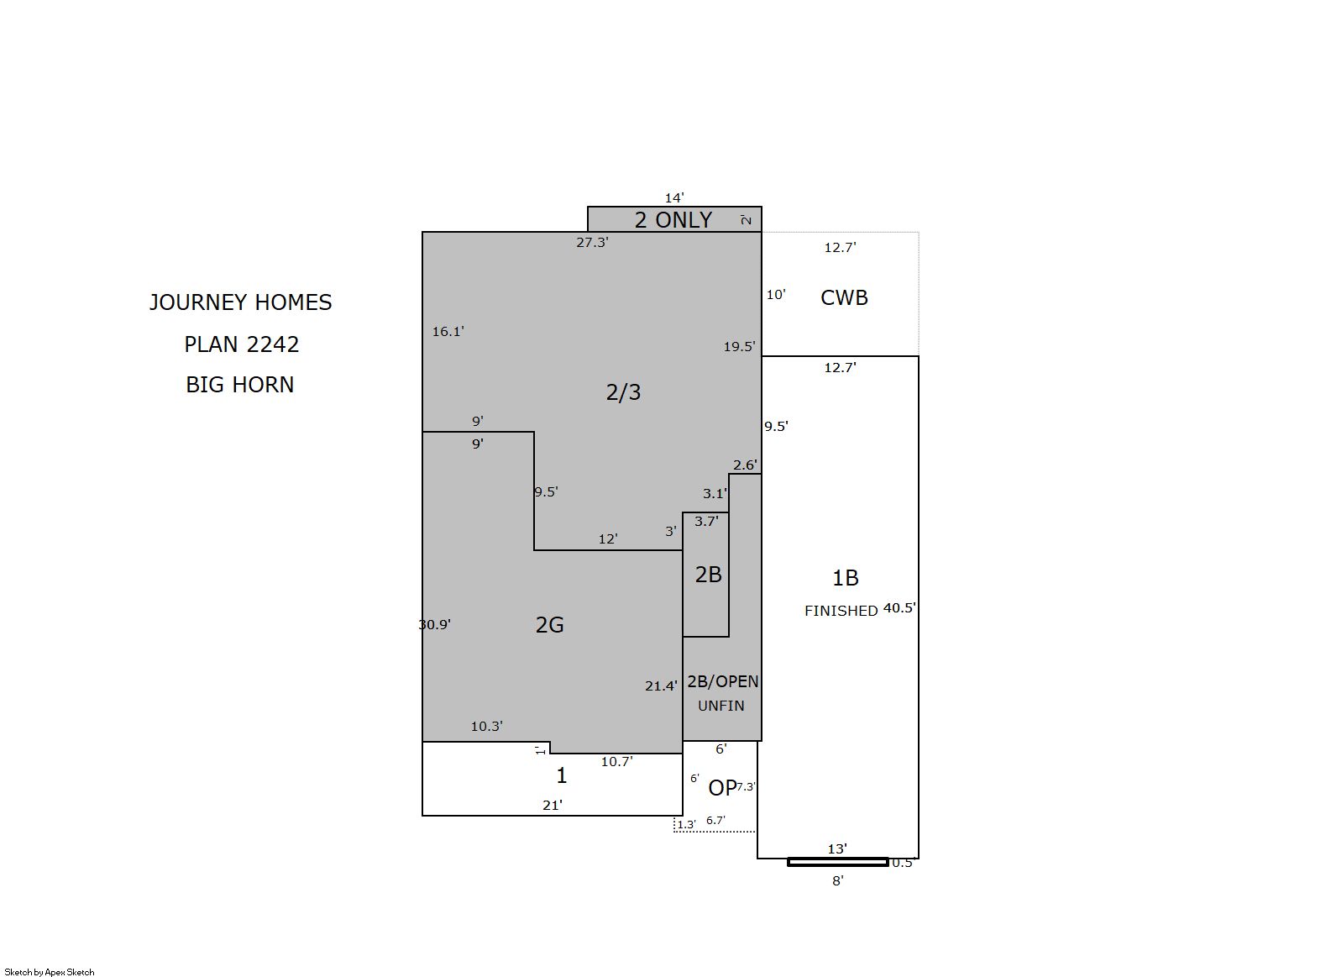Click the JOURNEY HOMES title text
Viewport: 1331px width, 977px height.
[x=241, y=302]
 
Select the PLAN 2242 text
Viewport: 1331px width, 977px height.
[x=241, y=344]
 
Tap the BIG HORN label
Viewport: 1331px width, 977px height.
[x=240, y=385]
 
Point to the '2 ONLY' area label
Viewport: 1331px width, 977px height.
[x=673, y=220]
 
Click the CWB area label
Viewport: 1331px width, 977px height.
[x=844, y=297]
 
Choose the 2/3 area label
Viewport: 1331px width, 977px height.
[x=623, y=392]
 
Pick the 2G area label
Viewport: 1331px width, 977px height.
[x=550, y=624]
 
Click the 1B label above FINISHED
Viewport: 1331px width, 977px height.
[x=845, y=578]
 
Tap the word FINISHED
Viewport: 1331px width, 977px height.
[x=841, y=611]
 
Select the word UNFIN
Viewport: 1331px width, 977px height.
[x=721, y=706]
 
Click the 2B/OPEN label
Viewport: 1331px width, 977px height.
[x=722, y=681]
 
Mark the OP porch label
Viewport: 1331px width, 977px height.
[x=722, y=788]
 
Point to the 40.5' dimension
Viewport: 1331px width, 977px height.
[x=899, y=608]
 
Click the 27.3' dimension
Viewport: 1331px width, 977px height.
[x=592, y=243]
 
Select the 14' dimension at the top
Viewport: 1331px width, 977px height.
[x=674, y=198]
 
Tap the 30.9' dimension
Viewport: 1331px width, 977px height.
[x=435, y=624]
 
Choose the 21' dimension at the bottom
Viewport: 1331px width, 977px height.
[x=553, y=806]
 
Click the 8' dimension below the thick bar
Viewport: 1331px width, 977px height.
[x=838, y=881]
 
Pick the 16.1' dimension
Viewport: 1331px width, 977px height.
[x=448, y=332]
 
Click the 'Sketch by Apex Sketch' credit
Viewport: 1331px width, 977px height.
[x=50, y=972]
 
